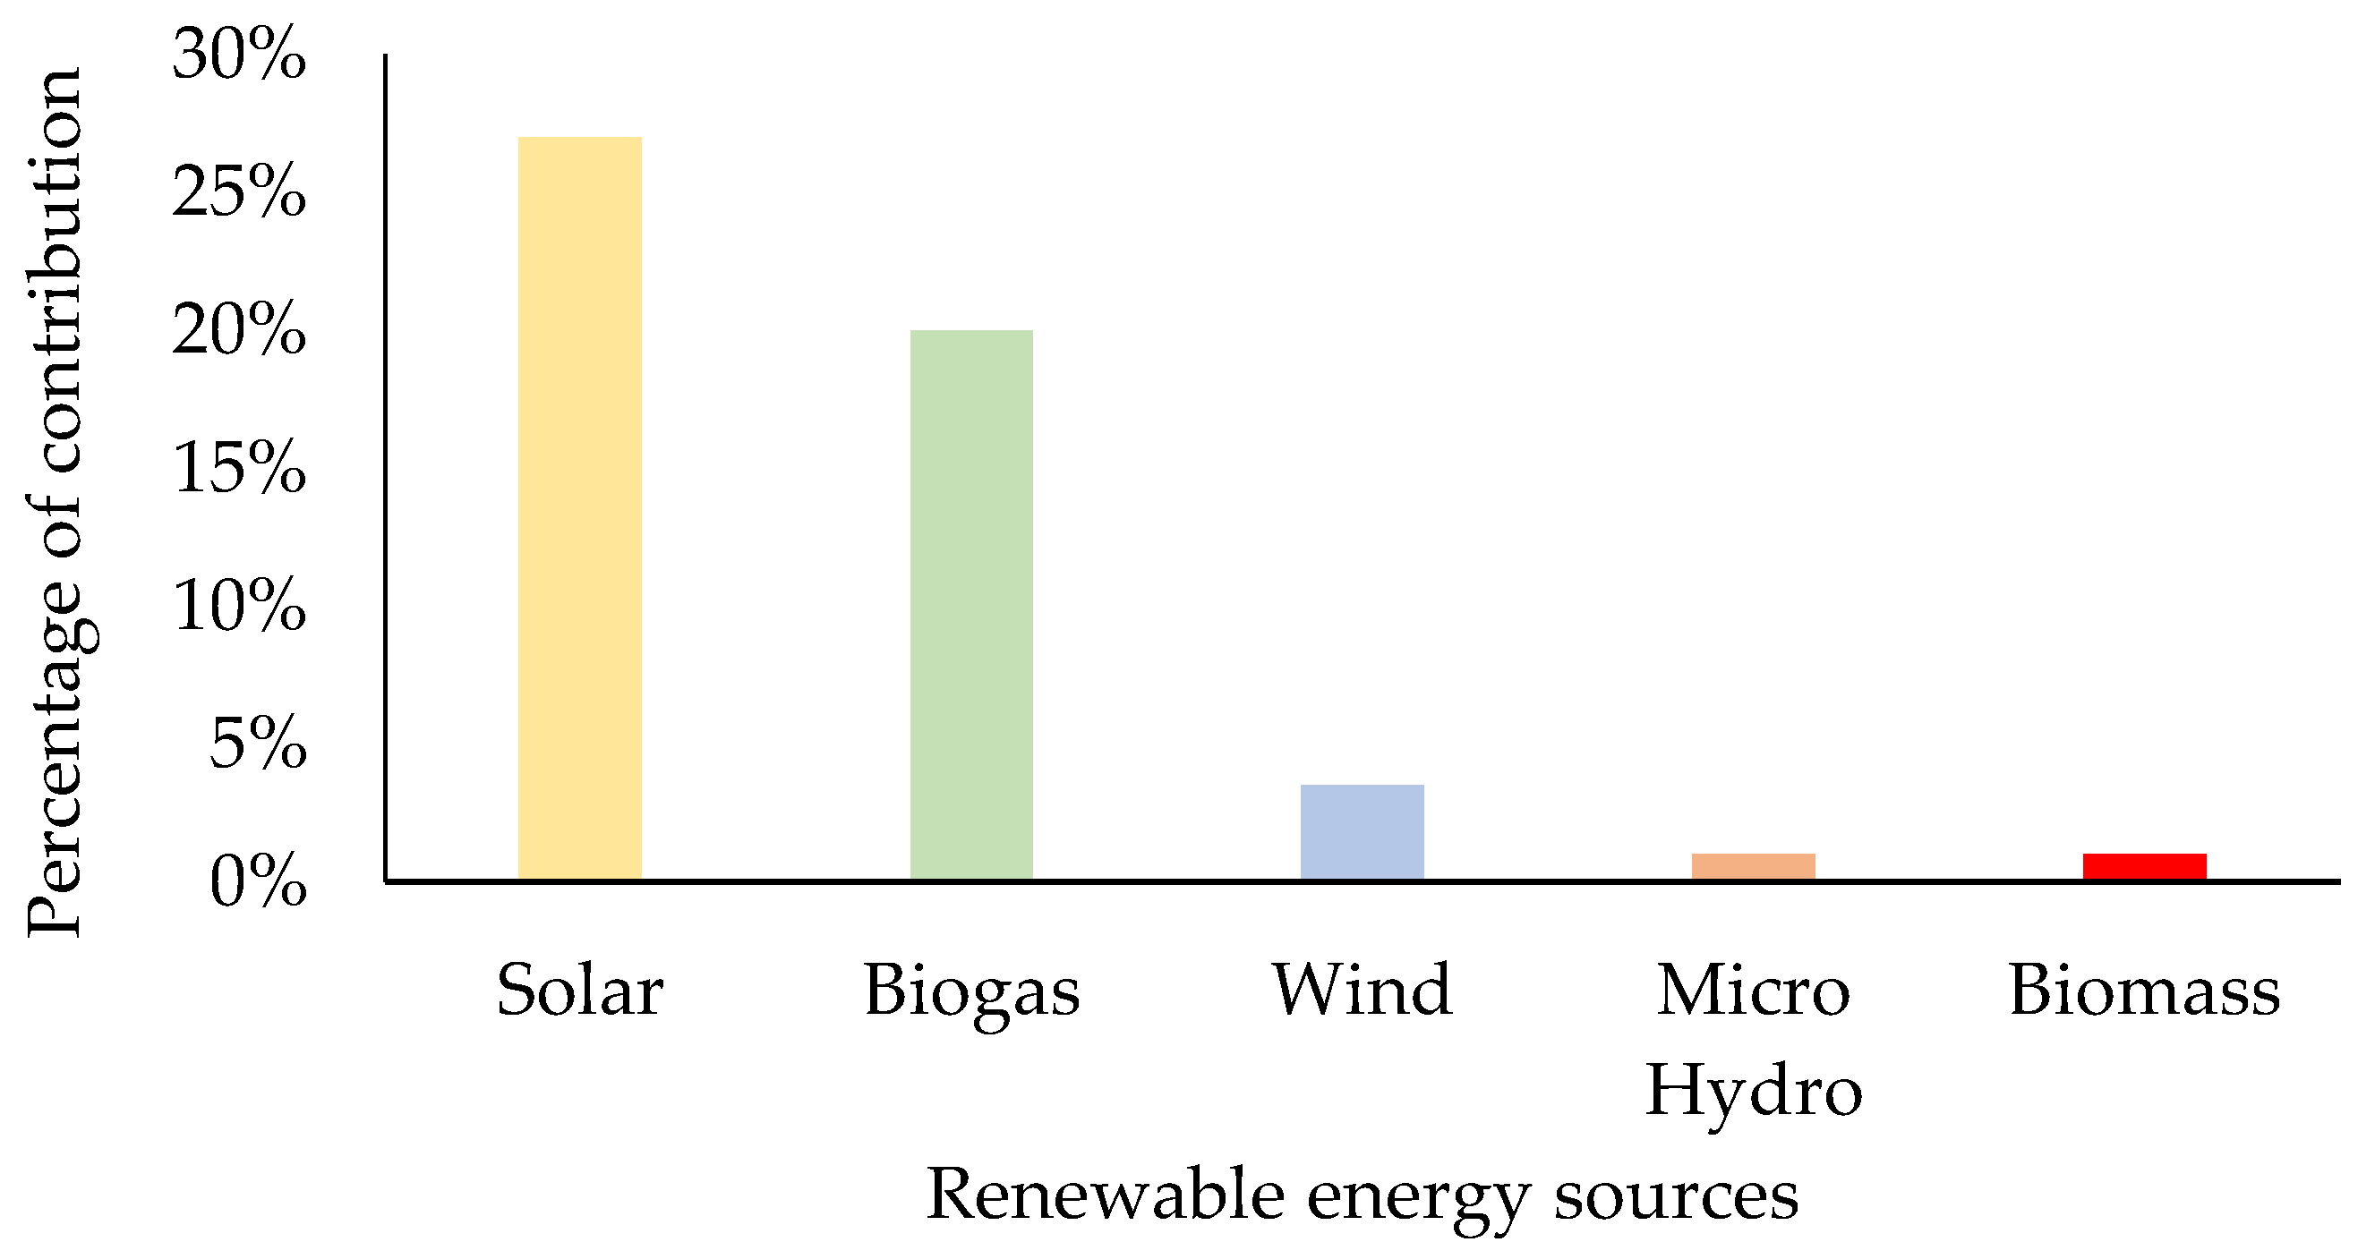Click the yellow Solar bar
(579, 507)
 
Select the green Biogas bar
(970, 604)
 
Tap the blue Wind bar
(1362, 831)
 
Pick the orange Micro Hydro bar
(1753, 866)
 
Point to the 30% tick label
(239, 55)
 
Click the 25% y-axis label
(239, 192)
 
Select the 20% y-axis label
(239, 330)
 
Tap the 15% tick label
(239, 467)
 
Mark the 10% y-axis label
(239, 606)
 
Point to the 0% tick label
(257, 882)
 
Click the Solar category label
(579, 991)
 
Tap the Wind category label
(1362, 991)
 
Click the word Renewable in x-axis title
(1105, 1195)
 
